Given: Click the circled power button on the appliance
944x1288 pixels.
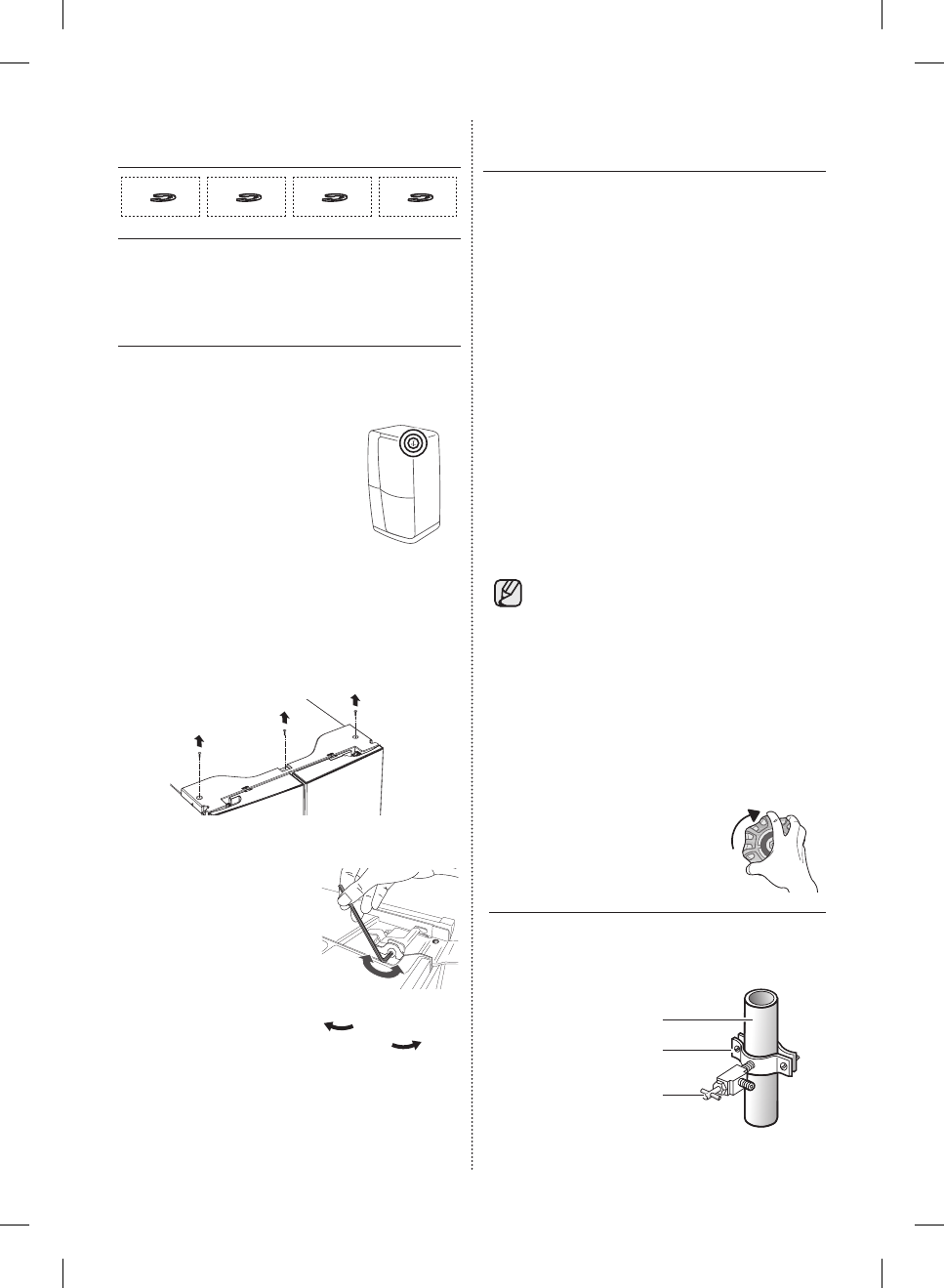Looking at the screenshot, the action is click(x=414, y=442).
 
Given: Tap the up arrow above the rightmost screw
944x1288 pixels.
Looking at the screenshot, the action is click(x=355, y=699).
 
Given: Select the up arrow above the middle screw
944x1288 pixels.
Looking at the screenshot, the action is click(x=284, y=718).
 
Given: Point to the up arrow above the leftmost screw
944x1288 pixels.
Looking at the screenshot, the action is click(x=199, y=739).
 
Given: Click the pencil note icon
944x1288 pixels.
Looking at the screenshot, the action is click(x=509, y=595).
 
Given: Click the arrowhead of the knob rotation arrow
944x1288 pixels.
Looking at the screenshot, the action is click(x=752, y=813).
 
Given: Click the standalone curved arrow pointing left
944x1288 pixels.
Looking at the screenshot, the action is click(x=339, y=1024).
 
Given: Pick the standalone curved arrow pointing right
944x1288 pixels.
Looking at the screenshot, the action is click(x=407, y=1046).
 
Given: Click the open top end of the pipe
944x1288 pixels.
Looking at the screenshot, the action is click(x=762, y=1001).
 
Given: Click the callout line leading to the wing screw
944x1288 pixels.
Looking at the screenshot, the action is click(x=683, y=1095).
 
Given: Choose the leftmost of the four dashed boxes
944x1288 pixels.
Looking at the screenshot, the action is click(x=160, y=196).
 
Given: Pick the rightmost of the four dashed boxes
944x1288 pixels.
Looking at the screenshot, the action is click(x=418, y=196).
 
